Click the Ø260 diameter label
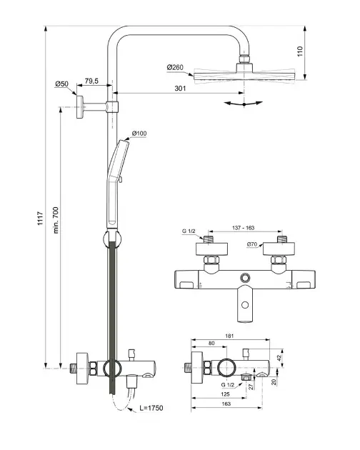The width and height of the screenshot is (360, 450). [175, 67]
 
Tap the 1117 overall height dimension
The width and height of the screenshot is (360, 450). [41, 218]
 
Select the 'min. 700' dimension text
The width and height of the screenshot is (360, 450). [56, 220]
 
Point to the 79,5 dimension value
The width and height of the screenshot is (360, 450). [91, 81]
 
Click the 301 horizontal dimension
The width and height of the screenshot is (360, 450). [180, 89]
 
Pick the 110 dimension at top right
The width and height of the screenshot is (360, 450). [300, 51]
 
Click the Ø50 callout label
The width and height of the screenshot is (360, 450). [61, 84]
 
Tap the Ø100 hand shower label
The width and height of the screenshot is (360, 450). [139, 134]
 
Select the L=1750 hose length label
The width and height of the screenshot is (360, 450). [151, 408]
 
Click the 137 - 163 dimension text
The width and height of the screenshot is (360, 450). [243, 228]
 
